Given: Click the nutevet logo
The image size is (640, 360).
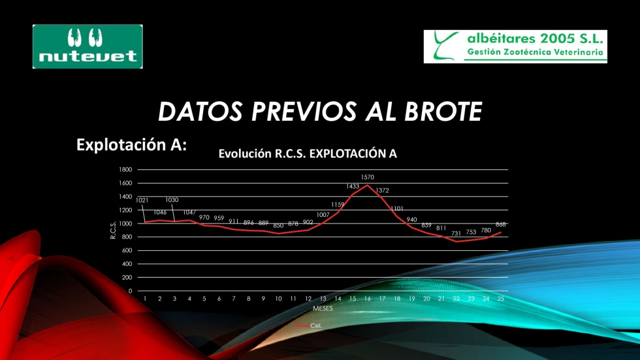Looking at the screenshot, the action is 88,46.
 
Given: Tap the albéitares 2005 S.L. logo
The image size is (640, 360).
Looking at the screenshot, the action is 515,46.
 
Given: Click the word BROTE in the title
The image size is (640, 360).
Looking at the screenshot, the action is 443,112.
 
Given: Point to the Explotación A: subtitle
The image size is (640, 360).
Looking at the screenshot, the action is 131,144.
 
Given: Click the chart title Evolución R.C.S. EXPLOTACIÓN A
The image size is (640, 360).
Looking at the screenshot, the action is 308,154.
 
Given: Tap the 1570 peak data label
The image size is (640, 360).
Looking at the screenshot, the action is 367,177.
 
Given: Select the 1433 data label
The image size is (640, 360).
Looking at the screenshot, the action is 353,186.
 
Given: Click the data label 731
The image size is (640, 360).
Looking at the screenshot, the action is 456,233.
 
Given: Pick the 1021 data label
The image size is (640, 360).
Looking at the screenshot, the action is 142,201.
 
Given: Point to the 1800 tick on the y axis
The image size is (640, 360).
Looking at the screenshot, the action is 125,169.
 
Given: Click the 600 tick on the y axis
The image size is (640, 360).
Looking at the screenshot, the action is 127,251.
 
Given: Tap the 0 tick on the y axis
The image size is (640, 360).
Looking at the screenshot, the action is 130,291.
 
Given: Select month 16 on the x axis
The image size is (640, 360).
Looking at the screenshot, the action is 367,299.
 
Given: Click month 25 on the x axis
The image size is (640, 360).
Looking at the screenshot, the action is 501,299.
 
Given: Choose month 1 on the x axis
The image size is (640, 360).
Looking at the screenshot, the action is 145,299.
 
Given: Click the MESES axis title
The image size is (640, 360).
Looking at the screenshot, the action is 323,308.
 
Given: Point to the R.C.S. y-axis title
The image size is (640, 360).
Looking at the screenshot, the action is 114,230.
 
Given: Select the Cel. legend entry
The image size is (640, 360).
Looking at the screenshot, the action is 309,326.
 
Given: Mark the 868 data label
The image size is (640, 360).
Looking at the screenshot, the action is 501,225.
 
